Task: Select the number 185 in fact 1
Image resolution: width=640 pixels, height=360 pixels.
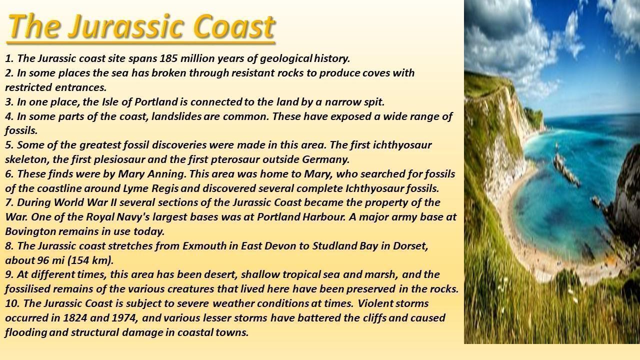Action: (x=168, y=58)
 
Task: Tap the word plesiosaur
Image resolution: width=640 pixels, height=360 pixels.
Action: (x=119, y=159)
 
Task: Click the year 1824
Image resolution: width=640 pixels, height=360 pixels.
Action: (x=75, y=317)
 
